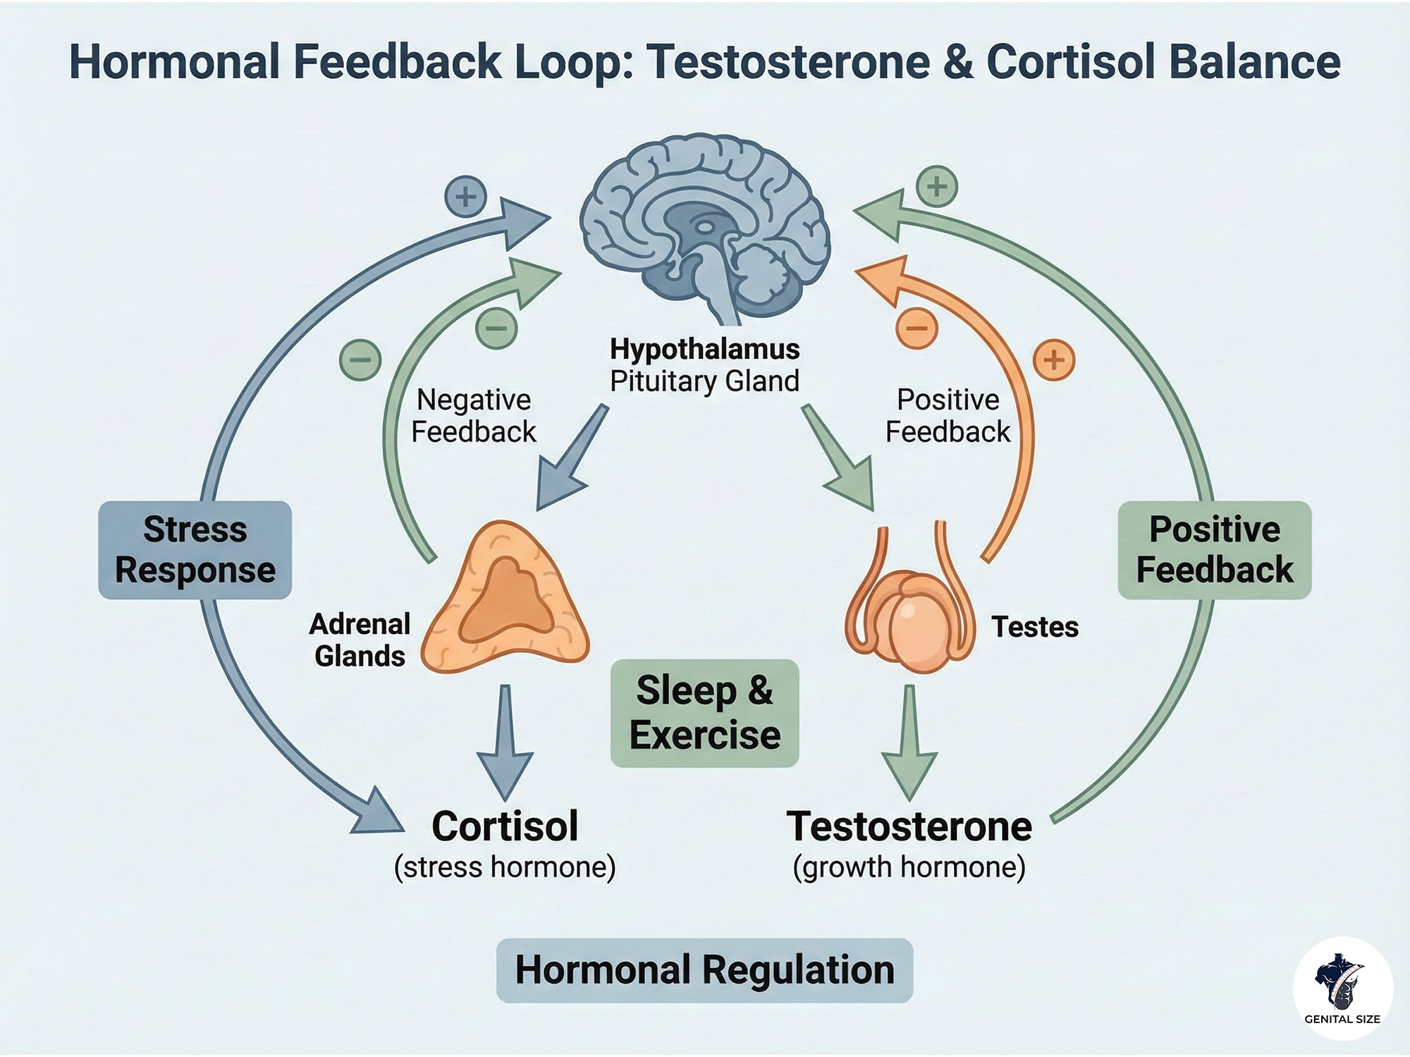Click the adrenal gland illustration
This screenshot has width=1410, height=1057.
click(x=504, y=599)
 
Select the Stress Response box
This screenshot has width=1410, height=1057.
click(x=195, y=550)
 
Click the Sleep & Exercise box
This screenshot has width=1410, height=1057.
click(x=704, y=713)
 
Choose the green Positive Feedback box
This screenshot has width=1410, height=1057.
click(x=1214, y=550)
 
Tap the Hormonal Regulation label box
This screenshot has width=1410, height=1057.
click(x=704, y=970)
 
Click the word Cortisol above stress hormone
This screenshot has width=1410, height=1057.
click(x=505, y=826)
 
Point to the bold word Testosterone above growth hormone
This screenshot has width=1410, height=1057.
click(x=909, y=826)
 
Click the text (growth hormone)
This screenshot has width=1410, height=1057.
click(x=909, y=867)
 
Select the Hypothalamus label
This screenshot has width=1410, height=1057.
click(x=704, y=349)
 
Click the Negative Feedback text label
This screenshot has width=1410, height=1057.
click(x=473, y=416)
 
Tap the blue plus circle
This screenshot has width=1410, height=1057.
click(x=465, y=195)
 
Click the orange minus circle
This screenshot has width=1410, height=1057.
click(x=916, y=328)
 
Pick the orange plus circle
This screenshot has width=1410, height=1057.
click(x=1053, y=360)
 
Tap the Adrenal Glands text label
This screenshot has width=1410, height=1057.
click(x=360, y=640)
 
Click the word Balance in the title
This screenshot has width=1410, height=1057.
click(x=1255, y=62)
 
